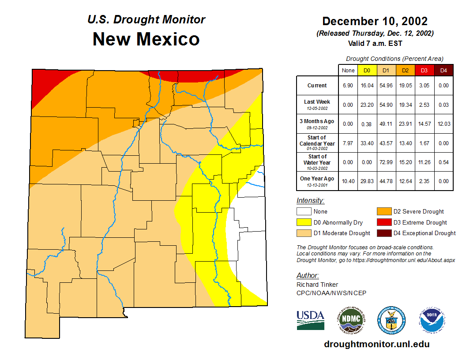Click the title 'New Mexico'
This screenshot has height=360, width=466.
(x=146, y=39)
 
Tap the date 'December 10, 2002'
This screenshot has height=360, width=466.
(x=375, y=21)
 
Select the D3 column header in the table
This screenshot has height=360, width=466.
(x=424, y=71)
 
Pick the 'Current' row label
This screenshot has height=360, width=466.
(x=317, y=86)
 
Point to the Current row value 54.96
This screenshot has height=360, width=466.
(x=386, y=86)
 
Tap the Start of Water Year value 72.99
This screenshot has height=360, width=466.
(x=386, y=162)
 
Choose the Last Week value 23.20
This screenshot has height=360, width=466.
(x=367, y=105)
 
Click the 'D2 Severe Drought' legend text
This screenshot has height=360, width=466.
(x=418, y=212)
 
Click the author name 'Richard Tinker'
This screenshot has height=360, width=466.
(x=317, y=285)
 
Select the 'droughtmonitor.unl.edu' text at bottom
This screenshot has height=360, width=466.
(x=376, y=344)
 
